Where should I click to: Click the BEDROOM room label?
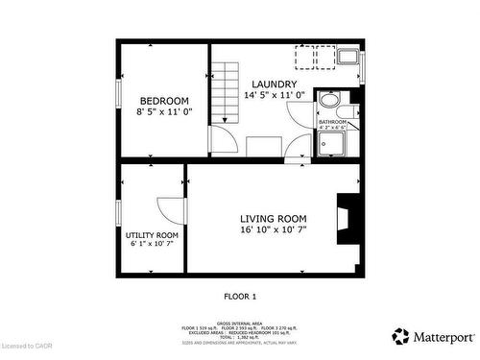click(164, 101)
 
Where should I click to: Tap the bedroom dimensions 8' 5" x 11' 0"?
click(164, 112)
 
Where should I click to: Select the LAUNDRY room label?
click(275, 84)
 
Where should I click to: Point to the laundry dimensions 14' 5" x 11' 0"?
click(275, 95)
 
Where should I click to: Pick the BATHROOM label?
click(332, 121)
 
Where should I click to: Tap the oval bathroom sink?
click(329, 101)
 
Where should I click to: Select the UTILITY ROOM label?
click(152, 234)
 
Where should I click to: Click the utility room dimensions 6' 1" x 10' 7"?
click(152, 244)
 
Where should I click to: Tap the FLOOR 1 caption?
click(239, 297)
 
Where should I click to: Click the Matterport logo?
click(432, 336)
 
